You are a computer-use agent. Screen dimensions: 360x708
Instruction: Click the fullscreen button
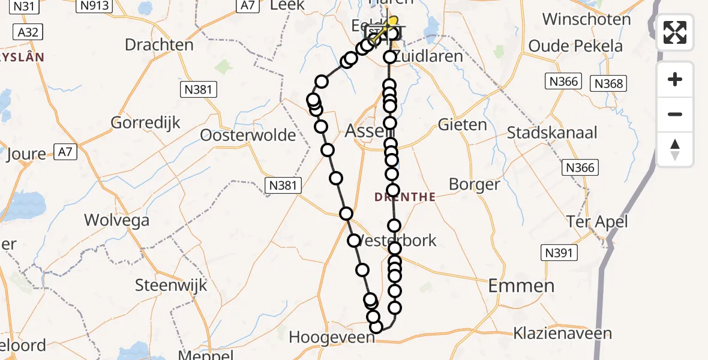click(675, 32)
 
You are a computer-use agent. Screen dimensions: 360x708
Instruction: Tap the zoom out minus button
click(675, 115)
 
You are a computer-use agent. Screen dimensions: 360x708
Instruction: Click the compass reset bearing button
click(675, 149)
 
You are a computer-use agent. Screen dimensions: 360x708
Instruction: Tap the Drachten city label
click(159, 45)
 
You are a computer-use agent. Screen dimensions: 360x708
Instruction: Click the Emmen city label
click(521, 286)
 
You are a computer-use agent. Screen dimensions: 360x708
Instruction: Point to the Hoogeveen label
click(332, 338)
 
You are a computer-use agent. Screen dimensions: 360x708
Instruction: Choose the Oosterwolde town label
click(248, 134)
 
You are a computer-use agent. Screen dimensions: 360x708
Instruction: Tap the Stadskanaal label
click(552, 132)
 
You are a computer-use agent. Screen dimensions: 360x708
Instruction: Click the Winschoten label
click(586, 19)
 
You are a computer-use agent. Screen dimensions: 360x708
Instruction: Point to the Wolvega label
click(116, 220)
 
